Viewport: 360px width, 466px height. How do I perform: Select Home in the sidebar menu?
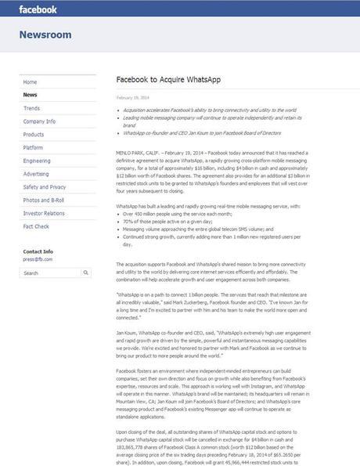(x=31, y=81)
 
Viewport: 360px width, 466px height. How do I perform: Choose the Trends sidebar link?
(x=32, y=108)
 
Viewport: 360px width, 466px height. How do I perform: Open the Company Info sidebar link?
(x=39, y=121)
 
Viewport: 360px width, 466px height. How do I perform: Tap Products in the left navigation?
(x=34, y=134)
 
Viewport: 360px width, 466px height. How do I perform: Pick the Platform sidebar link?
(x=34, y=147)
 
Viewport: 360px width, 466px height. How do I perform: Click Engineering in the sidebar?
(x=37, y=161)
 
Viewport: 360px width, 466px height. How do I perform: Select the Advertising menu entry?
(x=36, y=174)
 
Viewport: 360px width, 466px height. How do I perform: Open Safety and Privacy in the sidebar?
(x=45, y=187)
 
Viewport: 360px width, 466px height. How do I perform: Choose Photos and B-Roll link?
(x=43, y=200)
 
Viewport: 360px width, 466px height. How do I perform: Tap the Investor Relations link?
(x=44, y=213)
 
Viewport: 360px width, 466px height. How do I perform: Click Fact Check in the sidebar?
(x=35, y=226)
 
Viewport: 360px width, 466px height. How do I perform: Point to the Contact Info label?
(x=38, y=251)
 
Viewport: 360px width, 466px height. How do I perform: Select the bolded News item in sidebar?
(x=31, y=95)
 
